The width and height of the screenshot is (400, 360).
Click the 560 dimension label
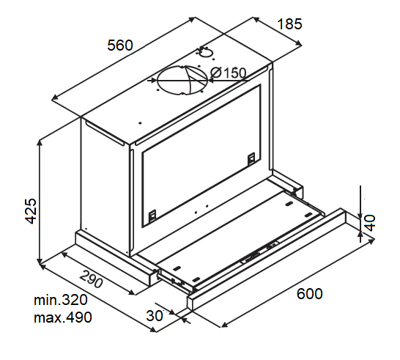pyautogui.click(x=119, y=45)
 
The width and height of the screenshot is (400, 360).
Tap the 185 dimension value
pyautogui.click(x=289, y=24)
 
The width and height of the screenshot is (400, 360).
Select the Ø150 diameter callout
pyautogui.click(x=228, y=73)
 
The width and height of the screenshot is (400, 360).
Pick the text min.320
pyautogui.click(x=60, y=301)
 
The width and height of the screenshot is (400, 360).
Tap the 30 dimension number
pyautogui.click(x=155, y=316)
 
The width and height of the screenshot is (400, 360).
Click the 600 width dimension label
pyautogui.click(x=309, y=294)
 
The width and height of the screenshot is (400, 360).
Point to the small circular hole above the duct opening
pyautogui.click(x=207, y=52)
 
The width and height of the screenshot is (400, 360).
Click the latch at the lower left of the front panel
pyautogui.click(x=152, y=216)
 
